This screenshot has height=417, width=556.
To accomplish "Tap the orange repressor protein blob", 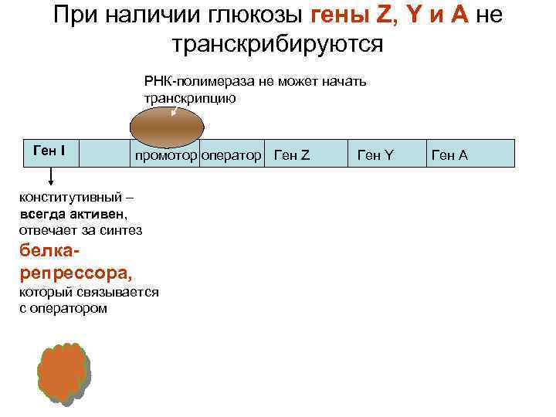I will coord(62,371).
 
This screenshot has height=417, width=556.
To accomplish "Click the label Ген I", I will coord(49,149).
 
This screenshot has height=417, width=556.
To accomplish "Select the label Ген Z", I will coord(292,155).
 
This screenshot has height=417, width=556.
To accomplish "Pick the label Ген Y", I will coord(375,155).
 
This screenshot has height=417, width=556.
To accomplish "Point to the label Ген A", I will coord(449,155).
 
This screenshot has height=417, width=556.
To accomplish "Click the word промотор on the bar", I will coord(165,155).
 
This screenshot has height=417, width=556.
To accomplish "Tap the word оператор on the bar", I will coord(231,155).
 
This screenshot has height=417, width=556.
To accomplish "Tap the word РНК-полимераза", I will coord(188,80).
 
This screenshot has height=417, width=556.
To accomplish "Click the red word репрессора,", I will coord(75,273).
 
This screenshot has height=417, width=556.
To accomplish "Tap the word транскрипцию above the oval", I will coord(189,98).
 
